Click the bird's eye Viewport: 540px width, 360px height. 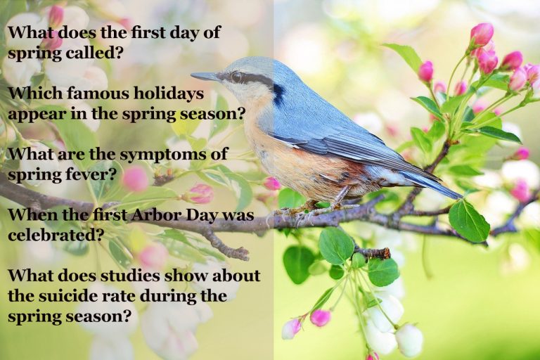click(237, 77)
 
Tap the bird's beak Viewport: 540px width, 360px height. click(205, 76)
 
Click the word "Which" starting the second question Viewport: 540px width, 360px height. click(32, 93)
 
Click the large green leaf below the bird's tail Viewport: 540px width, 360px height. click(468, 221)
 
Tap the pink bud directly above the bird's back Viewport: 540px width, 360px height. click(425, 71)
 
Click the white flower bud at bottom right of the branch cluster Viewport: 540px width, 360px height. click(409, 340)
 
